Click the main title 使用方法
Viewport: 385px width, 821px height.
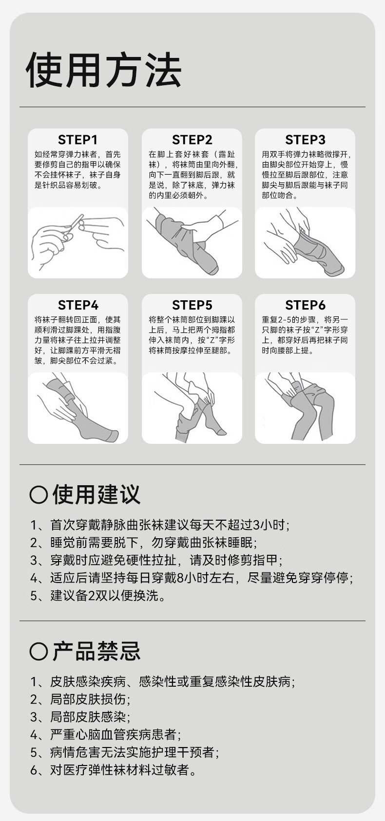click(x=104, y=70)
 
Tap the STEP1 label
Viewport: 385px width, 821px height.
click(x=78, y=140)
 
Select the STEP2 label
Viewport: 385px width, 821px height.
click(x=192, y=140)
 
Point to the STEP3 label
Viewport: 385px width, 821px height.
click(x=306, y=140)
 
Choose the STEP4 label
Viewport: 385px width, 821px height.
click(x=78, y=305)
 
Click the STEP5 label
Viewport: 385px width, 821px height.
click(x=192, y=305)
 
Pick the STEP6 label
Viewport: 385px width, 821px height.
click(x=306, y=305)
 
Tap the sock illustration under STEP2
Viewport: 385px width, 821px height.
click(x=192, y=242)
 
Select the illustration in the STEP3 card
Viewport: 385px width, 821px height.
click(x=305, y=242)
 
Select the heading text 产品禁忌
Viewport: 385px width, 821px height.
click(x=96, y=651)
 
